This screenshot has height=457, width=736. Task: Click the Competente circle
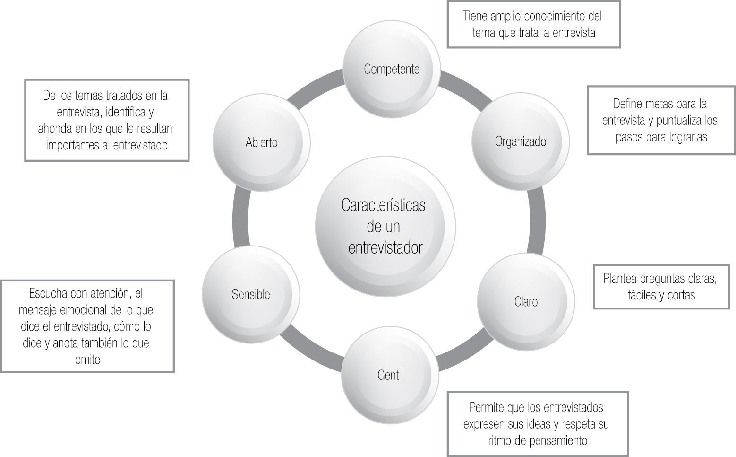(x=392, y=69)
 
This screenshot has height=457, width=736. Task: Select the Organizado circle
(x=521, y=141)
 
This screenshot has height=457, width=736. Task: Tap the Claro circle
(x=526, y=301)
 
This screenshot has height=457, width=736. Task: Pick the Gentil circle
(x=390, y=375)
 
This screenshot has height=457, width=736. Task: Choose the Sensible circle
(x=251, y=294)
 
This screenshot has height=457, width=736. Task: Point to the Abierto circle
(x=261, y=142)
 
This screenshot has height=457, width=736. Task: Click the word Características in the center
(x=383, y=205)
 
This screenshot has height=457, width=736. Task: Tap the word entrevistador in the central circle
(x=385, y=247)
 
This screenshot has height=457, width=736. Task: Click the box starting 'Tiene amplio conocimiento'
(x=533, y=25)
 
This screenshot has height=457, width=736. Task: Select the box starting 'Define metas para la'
(x=661, y=120)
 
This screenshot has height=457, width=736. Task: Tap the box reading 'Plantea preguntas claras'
(x=659, y=287)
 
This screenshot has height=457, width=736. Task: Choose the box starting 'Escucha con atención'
(x=87, y=326)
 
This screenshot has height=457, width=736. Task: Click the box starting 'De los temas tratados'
(x=107, y=120)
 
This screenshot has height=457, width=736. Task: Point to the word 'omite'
(x=87, y=360)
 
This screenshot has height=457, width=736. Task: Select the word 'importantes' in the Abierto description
(x=71, y=145)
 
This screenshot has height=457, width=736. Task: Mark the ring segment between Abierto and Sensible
(x=240, y=218)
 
